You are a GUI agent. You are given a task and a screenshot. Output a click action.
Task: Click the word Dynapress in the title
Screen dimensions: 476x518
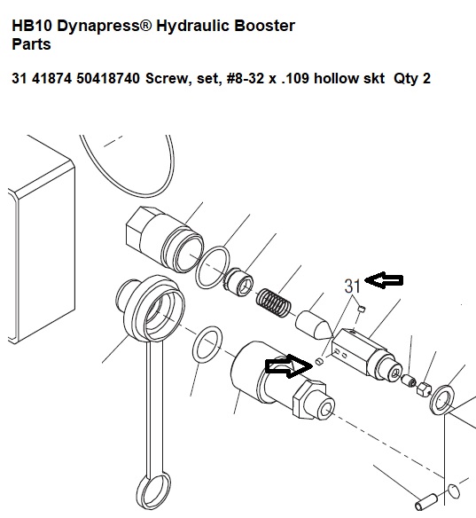(x=104, y=26)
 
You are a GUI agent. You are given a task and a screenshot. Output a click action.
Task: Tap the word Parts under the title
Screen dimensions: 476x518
(x=31, y=44)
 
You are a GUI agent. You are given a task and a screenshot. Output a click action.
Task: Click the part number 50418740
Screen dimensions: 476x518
(x=108, y=79)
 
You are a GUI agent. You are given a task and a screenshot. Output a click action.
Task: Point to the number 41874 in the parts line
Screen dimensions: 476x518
(x=51, y=79)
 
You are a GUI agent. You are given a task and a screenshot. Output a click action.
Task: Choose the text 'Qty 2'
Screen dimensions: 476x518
(x=412, y=79)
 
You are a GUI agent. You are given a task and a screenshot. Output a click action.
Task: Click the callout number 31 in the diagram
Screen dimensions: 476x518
(x=352, y=286)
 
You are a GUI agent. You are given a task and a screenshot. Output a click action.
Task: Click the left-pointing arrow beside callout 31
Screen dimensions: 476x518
(x=384, y=280)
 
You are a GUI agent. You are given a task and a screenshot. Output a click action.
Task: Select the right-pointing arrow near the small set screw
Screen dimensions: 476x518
(x=289, y=366)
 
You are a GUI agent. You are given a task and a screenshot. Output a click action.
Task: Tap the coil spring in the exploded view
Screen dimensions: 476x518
(x=274, y=303)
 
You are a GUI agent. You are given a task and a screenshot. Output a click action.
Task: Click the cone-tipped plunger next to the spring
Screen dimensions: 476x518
(x=313, y=325)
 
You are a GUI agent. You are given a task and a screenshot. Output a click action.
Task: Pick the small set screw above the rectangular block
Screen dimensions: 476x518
(x=362, y=309)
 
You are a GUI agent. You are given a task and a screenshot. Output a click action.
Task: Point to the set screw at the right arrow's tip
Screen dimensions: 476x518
(x=319, y=361)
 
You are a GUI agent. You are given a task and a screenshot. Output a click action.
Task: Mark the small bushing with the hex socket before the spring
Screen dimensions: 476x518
(x=238, y=282)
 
